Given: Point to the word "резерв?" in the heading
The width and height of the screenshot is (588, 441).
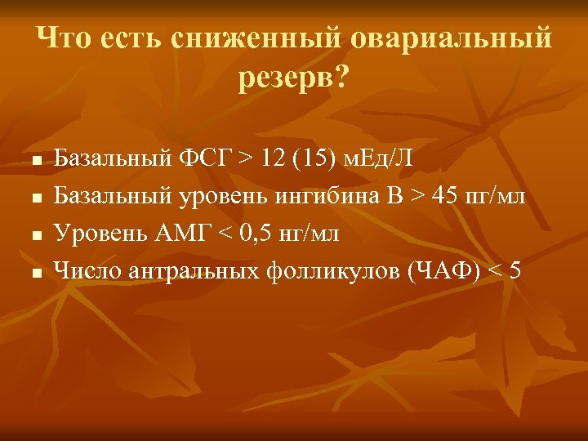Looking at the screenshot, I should click(294, 79).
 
